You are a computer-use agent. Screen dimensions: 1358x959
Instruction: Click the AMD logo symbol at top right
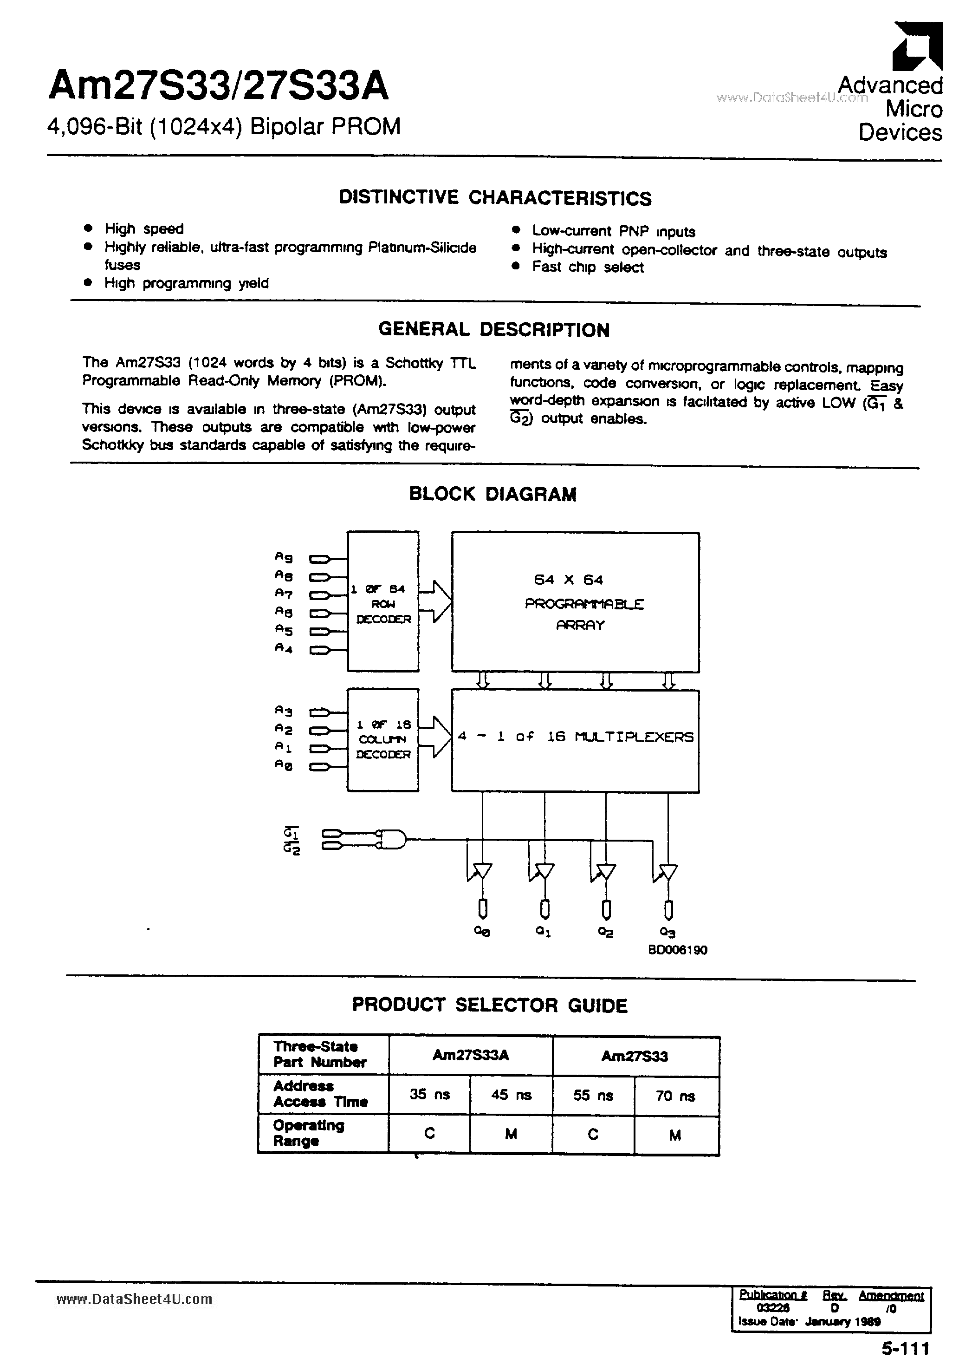click(x=916, y=47)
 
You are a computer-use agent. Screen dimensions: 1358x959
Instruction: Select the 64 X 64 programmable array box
click(x=575, y=602)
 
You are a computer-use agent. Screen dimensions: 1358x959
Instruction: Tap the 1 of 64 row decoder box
click(x=383, y=601)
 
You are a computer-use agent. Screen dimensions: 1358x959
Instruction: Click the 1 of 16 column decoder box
click(x=382, y=740)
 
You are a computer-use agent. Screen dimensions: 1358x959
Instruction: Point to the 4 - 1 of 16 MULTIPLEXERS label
click(x=575, y=737)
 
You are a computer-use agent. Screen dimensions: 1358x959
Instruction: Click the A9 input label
click(x=284, y=557)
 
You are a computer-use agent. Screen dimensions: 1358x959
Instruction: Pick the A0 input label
click(x=284, y=765)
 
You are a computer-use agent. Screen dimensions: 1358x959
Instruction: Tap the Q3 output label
click(x=667, y=932)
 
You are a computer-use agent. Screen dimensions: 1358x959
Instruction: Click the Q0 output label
click(x=482, y=932)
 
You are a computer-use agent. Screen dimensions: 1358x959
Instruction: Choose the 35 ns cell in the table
click(x=430, y=1095)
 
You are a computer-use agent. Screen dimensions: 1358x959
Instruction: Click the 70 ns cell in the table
click(x=675, y=1096)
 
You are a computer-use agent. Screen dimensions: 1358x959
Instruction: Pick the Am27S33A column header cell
click(x=471, y=1055)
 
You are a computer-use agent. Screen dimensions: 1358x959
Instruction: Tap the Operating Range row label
click(x=308, y=1133)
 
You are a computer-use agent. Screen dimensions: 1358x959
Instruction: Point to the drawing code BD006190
click(x=678, y=950)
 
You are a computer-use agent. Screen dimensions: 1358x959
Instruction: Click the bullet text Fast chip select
click(x=588, y=268)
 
